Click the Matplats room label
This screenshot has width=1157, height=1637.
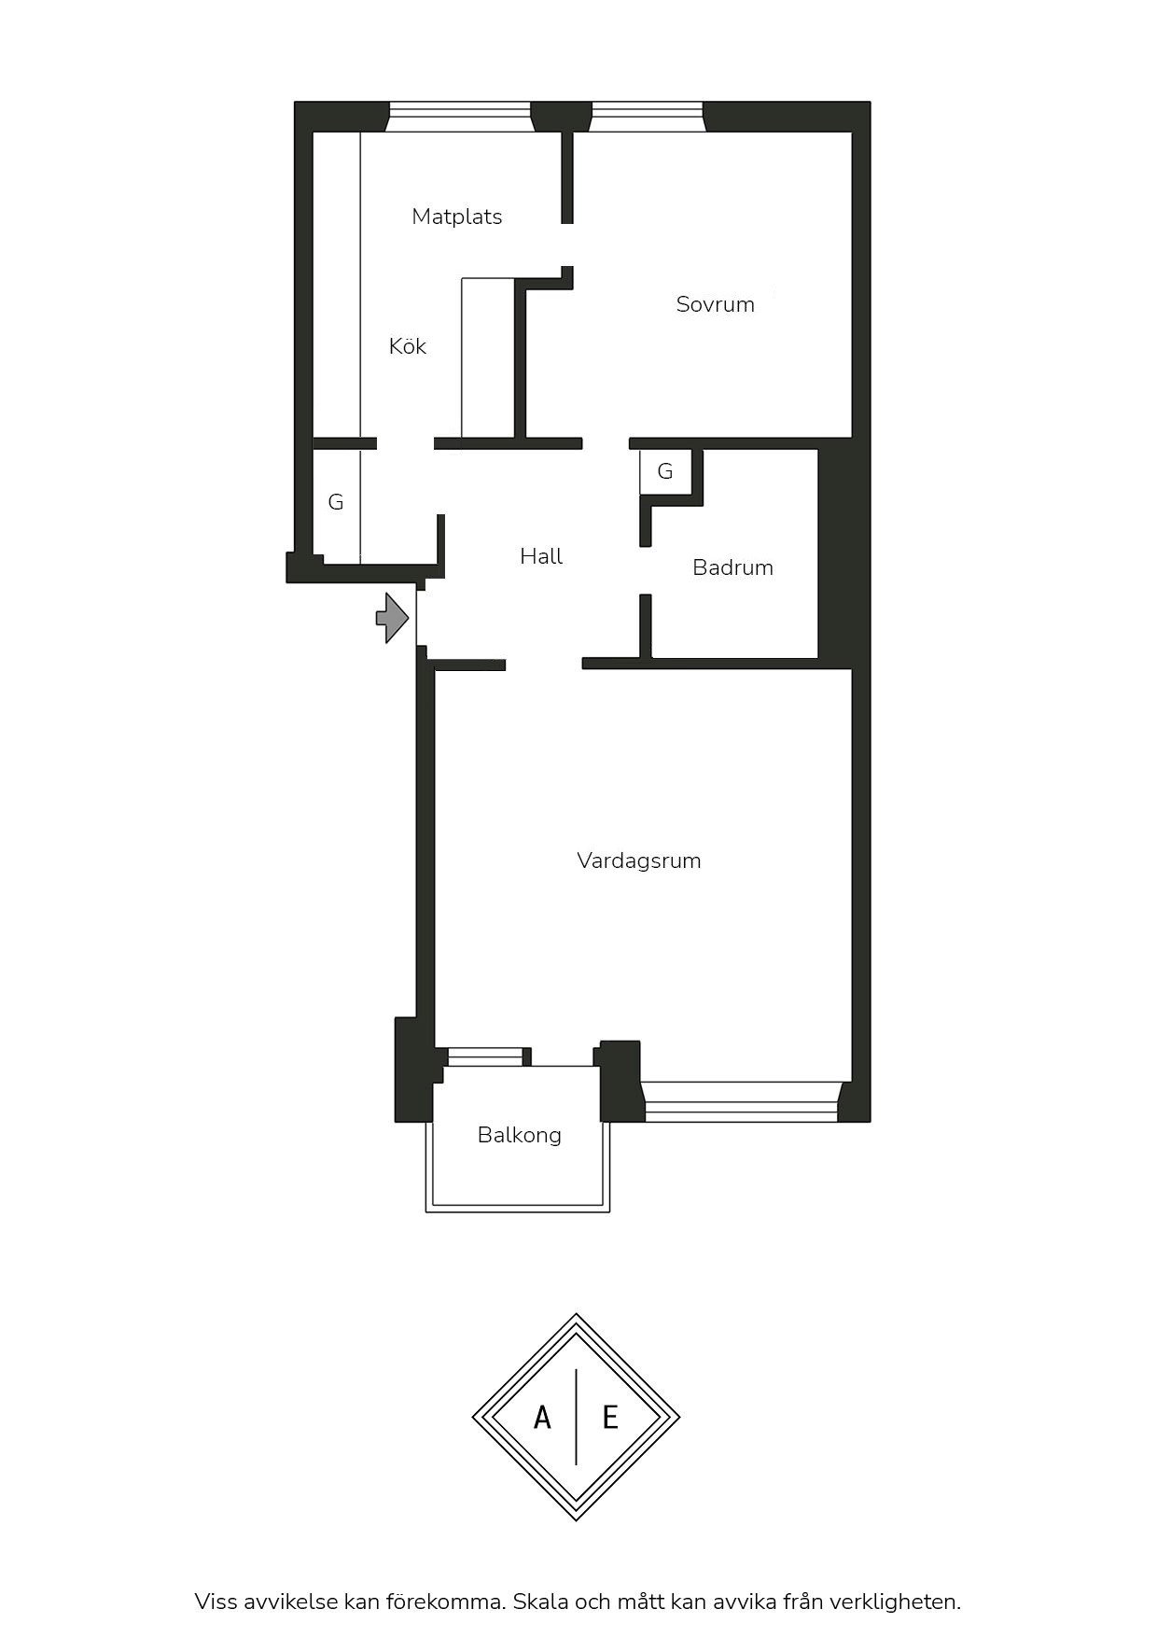click(x=457, y=217)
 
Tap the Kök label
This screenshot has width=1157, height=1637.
click(x=408, y=346)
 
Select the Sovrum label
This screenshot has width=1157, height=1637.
click(x=716, y=304)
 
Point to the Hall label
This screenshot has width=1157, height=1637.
click(x=541, y=556)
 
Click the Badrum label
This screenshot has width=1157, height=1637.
click(x=732, y=567)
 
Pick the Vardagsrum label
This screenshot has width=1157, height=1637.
click(x=639, y=860)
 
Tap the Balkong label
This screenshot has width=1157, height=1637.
click(x=520, y=1135)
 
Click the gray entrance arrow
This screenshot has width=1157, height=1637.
click(x=393, y=617)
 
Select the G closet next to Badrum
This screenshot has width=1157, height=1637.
click(x=665, y=471)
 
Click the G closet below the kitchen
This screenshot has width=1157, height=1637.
click(x=336, y=502)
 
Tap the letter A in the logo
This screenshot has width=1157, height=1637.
click(x=542, y=1419)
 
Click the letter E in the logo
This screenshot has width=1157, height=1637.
click(x=610, y=1419)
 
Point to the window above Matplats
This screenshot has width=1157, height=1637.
click(x=460, y=117)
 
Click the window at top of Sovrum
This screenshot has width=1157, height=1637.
click(x=647, y=117)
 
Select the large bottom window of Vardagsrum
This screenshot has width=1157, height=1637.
click(x=741, y=1101)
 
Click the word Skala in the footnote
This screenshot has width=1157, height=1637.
click(x=541, y=1602)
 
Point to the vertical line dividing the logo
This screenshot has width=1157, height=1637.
click(x=577, y=1417)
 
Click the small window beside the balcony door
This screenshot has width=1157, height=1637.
click(x=485, y=1056)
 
